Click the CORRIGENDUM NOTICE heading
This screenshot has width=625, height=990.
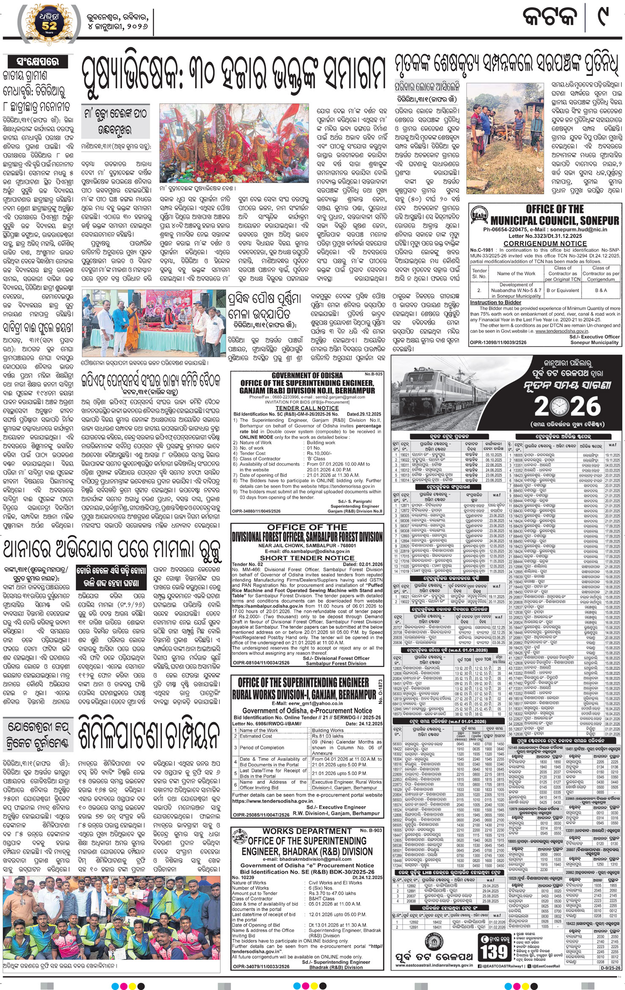point(545,244)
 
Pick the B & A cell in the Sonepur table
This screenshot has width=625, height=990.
point(600,290)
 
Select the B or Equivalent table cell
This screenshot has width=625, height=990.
point(562,290)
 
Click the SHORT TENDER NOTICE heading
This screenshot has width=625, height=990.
point(307,558)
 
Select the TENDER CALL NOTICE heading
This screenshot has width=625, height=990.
point(307,408)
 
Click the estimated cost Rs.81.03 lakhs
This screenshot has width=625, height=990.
point(328,736)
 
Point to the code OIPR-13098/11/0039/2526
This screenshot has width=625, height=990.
point(498,342)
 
